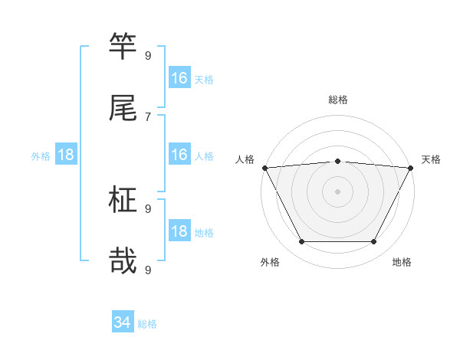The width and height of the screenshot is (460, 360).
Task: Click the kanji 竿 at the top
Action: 123,47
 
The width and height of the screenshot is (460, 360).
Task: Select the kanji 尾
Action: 123,108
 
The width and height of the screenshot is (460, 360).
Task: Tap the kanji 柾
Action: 123,201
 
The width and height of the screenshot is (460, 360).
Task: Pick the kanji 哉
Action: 123,261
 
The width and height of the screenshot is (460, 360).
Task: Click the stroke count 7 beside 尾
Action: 148,116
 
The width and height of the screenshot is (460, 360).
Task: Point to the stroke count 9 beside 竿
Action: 148,55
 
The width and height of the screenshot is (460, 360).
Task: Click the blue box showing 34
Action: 123,323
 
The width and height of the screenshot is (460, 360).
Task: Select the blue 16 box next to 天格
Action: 179,78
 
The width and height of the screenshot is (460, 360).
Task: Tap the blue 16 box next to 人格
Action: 179,155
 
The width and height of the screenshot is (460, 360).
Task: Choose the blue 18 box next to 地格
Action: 179,231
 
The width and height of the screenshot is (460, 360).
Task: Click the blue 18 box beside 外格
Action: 66,155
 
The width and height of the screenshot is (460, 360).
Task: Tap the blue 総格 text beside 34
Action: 147,324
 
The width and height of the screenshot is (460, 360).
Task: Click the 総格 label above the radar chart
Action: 338,100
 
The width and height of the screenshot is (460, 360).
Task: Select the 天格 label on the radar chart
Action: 432,159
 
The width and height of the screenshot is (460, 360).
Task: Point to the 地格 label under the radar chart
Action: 402,262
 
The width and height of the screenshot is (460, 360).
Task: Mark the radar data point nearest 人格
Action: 264,168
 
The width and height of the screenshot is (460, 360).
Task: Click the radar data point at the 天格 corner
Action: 411,168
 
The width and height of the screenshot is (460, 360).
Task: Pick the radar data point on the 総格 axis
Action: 338,161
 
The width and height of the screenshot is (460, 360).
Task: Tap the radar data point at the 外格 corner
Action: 301,242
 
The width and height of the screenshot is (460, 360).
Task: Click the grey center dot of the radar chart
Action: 338,191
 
